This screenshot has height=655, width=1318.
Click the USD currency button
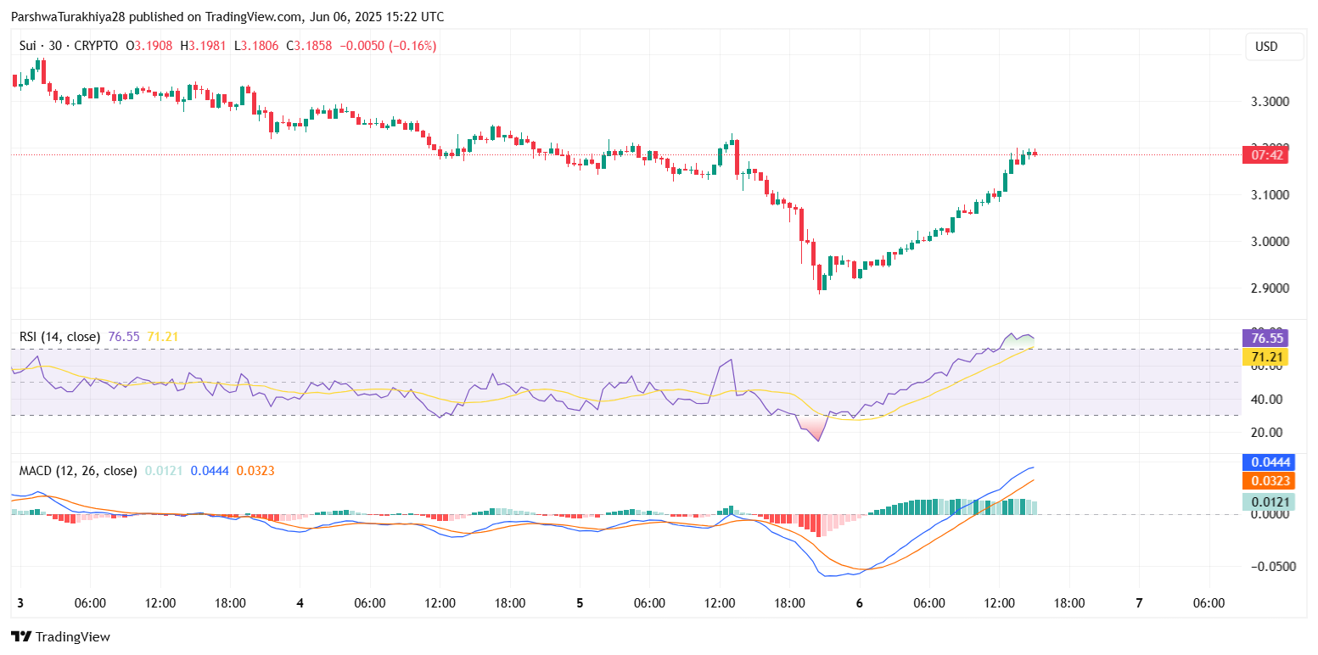(x=1266, y=47)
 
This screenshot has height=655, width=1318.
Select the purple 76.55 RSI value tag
(x=1265, y=337)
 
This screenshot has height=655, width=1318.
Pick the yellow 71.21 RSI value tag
(x=1265, y=357)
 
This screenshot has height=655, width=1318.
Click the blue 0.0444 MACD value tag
(x=1266, y=462)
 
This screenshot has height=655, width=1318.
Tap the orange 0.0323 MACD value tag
(x=1266, y=481)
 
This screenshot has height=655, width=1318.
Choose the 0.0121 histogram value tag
(x=1266, y=501)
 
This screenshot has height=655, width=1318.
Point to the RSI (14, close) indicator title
(x=59, y=337)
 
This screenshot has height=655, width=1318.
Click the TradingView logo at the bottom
(x=60, y=636)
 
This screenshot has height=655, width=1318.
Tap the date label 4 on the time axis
(x=300, y=603)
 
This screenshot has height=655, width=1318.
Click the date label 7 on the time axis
(x=1139, y=603)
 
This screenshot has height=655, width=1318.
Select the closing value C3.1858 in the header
(x=310, y=46)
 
